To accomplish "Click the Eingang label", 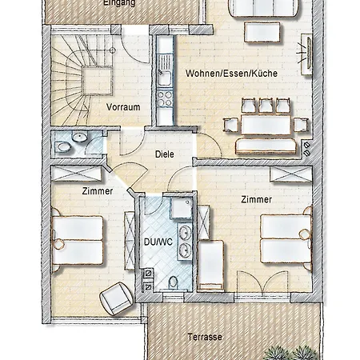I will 119,3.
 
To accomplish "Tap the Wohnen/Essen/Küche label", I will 231,73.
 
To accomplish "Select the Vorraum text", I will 123,106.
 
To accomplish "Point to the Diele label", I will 164,154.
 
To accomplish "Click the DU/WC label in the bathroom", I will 158,241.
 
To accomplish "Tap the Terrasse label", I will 205,337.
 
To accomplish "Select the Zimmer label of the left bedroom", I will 97,191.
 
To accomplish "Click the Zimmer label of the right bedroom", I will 256,199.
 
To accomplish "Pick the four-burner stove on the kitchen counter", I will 165,99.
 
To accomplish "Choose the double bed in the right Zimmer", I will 286,239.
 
